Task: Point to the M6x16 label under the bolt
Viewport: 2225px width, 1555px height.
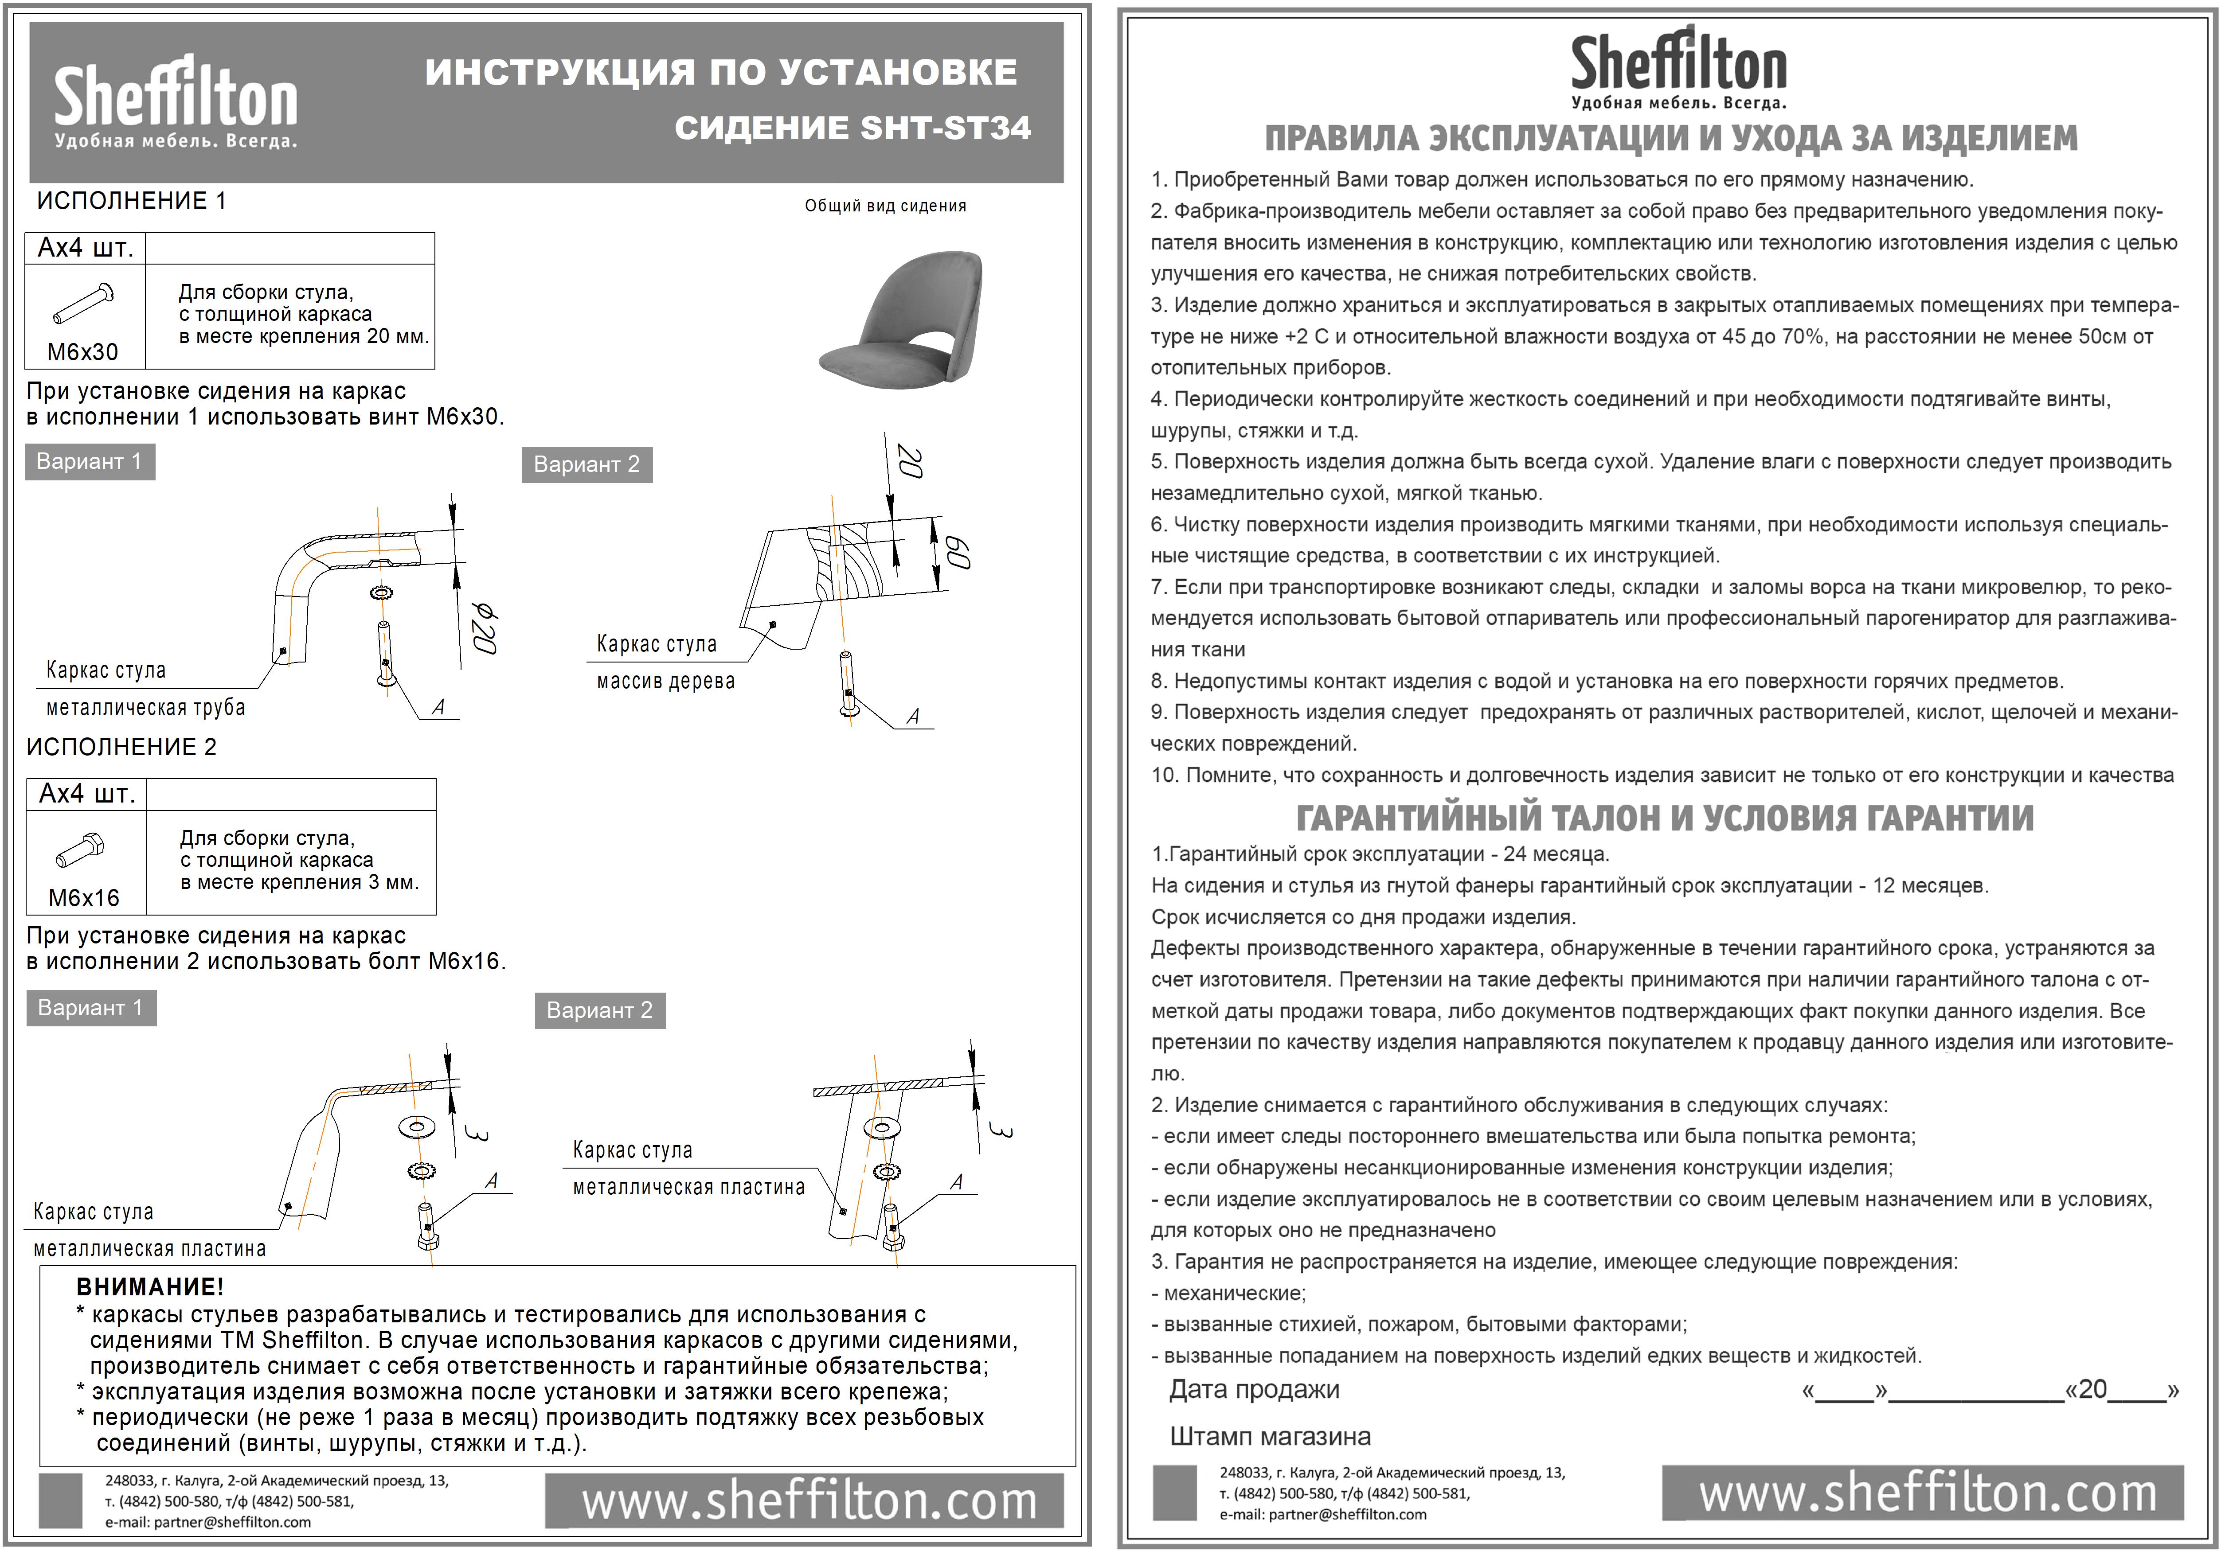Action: [84, 898]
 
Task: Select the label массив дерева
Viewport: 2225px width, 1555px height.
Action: [666, 681]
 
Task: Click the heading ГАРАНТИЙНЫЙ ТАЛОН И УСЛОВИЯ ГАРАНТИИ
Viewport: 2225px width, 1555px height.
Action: [1665, 818]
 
